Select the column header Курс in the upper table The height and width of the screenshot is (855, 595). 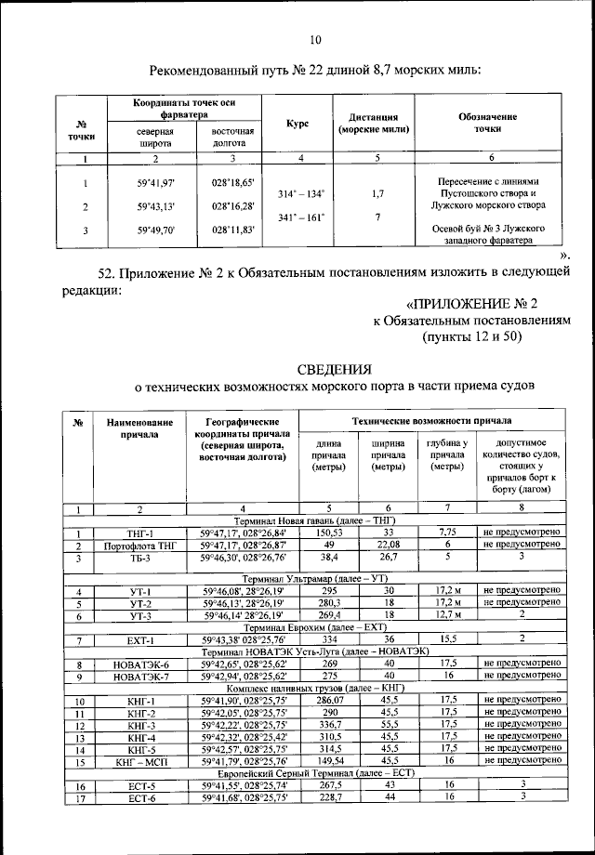[297, 124]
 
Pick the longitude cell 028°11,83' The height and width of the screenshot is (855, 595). [232, 229]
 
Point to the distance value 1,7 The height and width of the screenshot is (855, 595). [377, 193]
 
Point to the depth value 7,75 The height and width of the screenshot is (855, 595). [447, 532]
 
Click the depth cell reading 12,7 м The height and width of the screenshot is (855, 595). [447, 615]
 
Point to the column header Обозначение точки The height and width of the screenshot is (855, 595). [487, 123]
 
